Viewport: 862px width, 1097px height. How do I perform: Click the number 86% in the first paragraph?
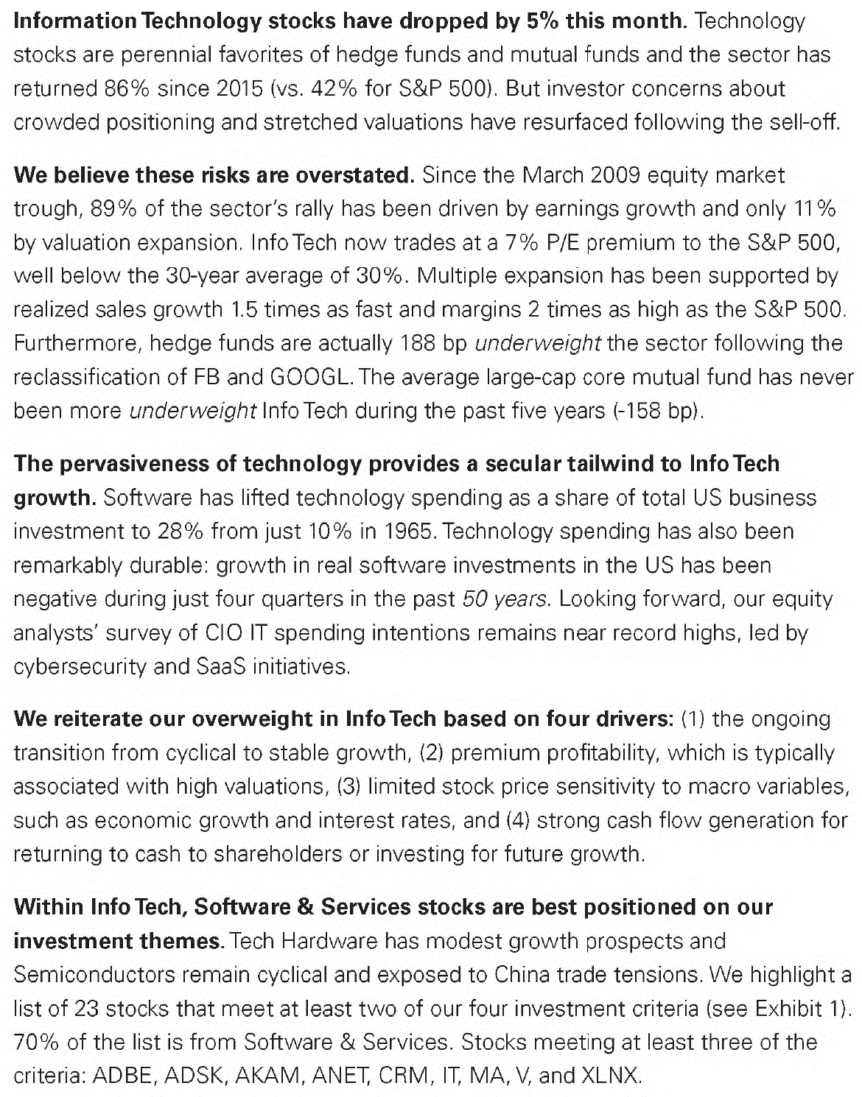pyautogui.click(x=127, y=88)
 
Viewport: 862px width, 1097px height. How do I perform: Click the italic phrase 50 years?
pyautogui.click(x=505, y=599)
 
